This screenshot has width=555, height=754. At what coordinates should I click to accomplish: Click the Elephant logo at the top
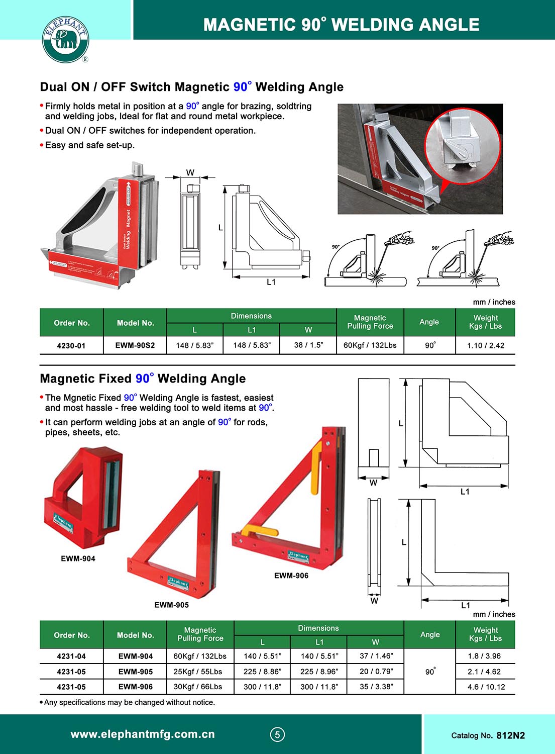tap(65, 40)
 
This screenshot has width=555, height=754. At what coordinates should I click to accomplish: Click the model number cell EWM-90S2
tap(135, 345)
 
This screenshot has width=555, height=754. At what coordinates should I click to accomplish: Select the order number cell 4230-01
tap(71, 346)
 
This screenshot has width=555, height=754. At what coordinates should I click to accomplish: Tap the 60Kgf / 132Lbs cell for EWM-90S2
tap(370, 345)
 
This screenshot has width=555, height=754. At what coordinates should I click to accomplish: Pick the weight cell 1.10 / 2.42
tap(485, 345)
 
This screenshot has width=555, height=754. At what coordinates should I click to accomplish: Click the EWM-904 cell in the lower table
tap(135, 656)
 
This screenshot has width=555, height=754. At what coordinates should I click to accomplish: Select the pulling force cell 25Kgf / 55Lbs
tap(200, 672)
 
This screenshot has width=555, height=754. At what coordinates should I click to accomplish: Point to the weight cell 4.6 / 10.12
tap(486, 687)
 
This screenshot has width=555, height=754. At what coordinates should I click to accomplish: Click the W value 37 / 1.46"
tap(376, 656)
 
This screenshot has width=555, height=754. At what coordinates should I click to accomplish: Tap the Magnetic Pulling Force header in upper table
tap(370, 322)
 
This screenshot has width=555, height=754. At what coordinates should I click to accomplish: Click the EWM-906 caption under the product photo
tap(291, 576)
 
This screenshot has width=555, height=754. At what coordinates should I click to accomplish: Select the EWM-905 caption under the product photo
tap(172, 605)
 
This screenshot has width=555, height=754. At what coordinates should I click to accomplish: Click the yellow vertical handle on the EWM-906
tap(316, 467)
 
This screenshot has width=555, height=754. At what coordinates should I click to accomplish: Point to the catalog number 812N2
tap(510, 735)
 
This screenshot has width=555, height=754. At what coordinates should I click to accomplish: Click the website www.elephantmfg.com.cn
tap(143, 734)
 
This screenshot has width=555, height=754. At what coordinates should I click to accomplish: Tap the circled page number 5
tap(277, 734)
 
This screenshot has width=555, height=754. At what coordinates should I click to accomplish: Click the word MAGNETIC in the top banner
tap(249, 25)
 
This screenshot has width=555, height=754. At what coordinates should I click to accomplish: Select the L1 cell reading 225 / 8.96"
tap(319, 672)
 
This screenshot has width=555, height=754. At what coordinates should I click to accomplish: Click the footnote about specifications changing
tap(129, 702)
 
